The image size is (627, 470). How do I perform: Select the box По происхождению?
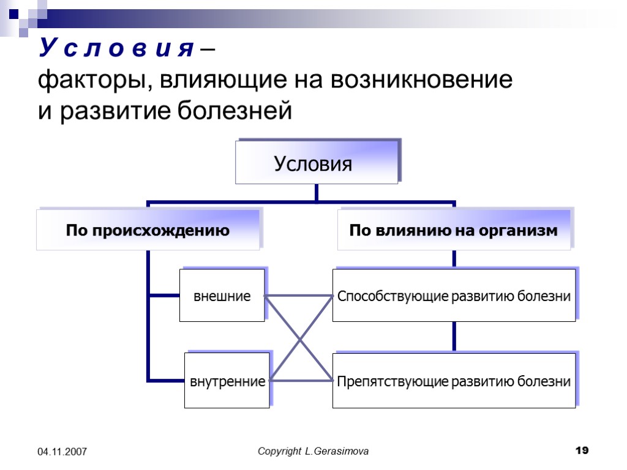(148, 231)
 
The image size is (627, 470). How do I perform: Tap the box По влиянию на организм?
(453, 231)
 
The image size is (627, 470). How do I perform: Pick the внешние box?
(222, 296)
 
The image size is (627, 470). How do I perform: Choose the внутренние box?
(227, 381)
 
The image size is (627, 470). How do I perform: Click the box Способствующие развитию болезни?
(454, 296)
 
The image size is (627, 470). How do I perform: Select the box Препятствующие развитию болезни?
(454, 381)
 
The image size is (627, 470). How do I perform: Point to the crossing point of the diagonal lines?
(300, 339)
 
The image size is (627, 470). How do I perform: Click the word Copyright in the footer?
(279, 451)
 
